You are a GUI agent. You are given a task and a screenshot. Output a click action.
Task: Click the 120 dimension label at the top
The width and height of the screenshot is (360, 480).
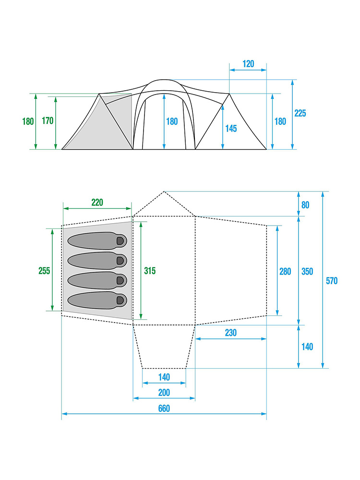248,63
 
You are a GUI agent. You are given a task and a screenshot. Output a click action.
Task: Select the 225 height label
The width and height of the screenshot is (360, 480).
300,113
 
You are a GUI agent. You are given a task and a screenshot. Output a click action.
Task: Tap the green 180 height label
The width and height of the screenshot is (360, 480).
28,121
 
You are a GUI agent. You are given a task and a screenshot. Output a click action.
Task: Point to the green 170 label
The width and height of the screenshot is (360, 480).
48,121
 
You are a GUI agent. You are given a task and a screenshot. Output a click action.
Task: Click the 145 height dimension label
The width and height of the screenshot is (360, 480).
231,129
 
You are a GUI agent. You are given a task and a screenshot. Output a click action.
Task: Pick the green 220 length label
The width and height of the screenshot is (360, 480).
97,202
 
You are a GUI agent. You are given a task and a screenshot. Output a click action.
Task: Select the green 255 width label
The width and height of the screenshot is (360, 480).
44,271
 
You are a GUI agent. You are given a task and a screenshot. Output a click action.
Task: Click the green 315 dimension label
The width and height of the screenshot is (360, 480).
150,271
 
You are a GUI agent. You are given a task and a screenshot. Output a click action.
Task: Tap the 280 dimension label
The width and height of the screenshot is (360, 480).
285,271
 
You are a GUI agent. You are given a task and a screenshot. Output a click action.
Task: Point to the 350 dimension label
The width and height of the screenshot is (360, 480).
307,271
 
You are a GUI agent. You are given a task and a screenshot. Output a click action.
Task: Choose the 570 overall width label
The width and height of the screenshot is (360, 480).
331,281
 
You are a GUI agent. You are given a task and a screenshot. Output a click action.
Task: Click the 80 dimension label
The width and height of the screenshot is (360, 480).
305,205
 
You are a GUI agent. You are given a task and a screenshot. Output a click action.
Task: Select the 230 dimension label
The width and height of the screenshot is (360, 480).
230,333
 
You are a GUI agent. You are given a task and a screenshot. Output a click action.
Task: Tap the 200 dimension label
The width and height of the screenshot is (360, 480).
164,393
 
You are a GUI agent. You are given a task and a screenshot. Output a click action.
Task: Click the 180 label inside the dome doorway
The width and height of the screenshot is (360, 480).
172,121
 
